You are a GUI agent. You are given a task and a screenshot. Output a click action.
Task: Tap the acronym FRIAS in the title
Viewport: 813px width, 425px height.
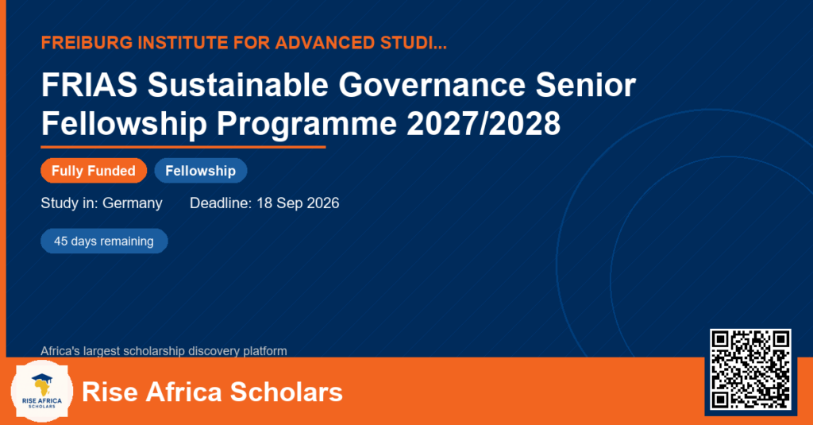(x=89, y=84)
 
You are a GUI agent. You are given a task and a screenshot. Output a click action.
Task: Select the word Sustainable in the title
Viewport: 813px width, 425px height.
(x=237, y=84)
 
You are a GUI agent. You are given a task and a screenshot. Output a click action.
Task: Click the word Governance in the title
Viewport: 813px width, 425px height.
(x=432, y=84)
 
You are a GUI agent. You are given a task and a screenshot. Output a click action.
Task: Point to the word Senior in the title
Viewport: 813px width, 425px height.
(x=585, y=84)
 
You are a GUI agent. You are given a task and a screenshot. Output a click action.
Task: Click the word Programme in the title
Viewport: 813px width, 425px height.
(x=306, y=125)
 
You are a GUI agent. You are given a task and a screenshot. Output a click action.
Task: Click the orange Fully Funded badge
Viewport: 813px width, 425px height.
(x=94, y=171)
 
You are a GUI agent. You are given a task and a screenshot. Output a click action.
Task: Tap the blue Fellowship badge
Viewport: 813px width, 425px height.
(x=201, y=171)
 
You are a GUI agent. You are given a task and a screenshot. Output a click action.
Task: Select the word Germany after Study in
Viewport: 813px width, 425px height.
(x=133, y=203)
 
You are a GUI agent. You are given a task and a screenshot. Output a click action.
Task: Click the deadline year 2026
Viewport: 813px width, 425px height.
(x=322, y=203)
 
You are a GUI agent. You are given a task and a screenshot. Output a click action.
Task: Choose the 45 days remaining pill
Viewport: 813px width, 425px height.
(x=104, y=241)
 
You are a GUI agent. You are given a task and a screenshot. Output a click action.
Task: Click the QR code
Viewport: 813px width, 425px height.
(x=750, y=369)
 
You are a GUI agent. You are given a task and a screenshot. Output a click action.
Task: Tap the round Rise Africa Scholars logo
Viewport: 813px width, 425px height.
(x=42, y=391)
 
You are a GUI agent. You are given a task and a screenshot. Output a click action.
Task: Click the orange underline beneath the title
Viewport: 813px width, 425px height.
(x=183, y=148)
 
